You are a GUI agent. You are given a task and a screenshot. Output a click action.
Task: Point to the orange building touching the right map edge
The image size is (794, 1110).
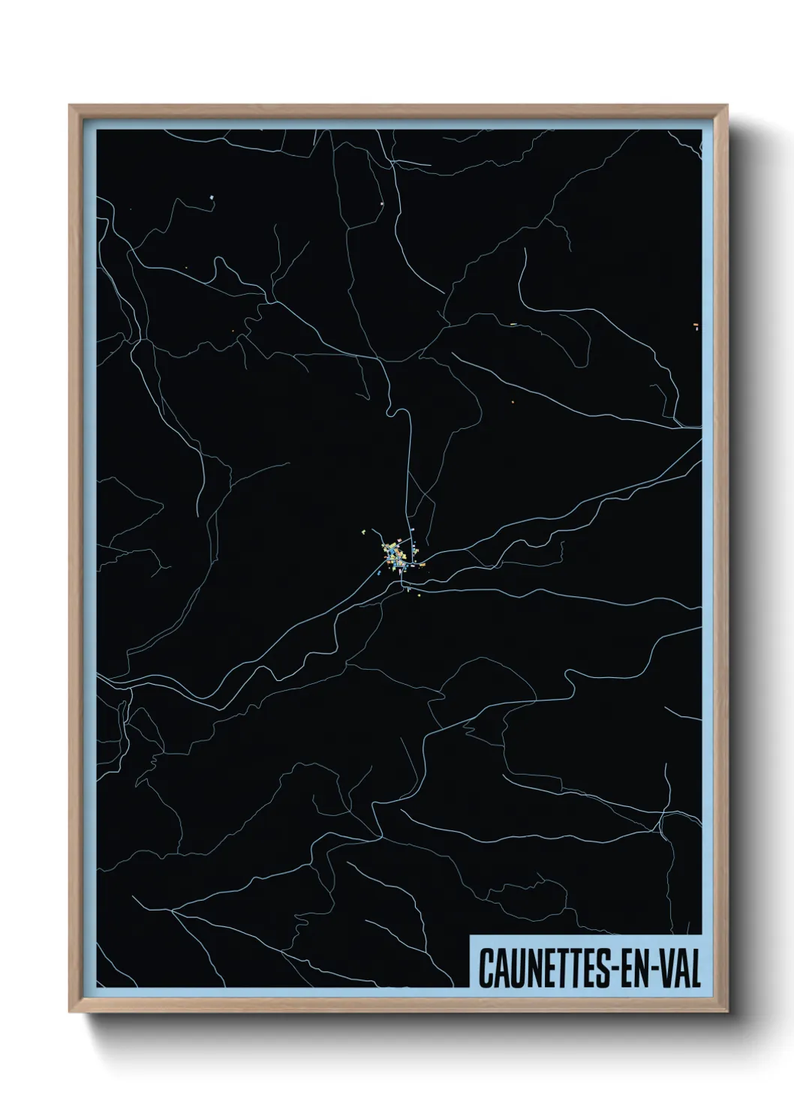pyautogui.click(x=696, y=325)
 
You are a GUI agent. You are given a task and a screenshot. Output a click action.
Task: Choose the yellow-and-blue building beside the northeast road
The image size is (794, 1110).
pyautogui.click(x=513, y=324)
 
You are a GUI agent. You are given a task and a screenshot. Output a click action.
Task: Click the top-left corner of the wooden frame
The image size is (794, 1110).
pyautogui.click(x=70, y=106)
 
